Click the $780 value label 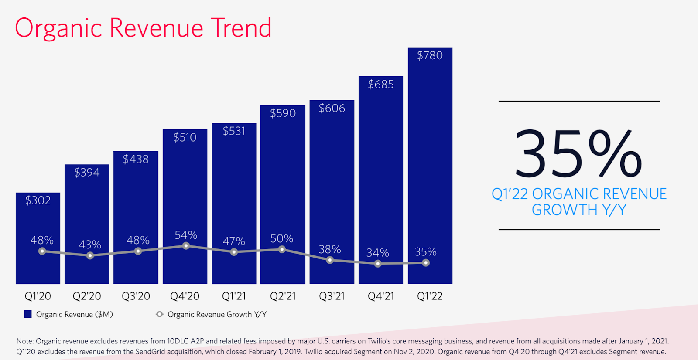(x=430, y=56)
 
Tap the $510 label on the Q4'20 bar (x=185, y=138)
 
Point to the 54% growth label (x=186, y=235)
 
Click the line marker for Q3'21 (x=330, y=260)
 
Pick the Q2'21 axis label (x=283, y=296)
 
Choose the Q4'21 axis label (x=381, y=296)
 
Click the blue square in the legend (x=28, y=314)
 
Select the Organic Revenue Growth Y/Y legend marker (x=160, y=314)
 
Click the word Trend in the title (x=241, y=28)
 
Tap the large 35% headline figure (x=578, y=153)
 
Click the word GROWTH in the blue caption (x=564, y=210)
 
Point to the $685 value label (x=381, y=85)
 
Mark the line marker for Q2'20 (x=90, y=256)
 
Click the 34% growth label (x=378, y=253)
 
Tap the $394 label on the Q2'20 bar (x=87, y=173)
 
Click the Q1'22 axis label (x=430, y=296)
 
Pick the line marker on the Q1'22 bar (x=426, y=263)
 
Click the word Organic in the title (x=58, y=28)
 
